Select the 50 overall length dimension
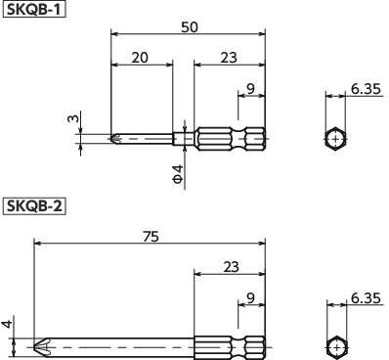(x=188, y=26)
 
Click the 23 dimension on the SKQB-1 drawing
(x=228, y=59)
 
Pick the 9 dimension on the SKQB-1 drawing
(x=251, y=89)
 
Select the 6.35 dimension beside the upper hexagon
(x=366, y=89)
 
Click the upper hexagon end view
(x=335, y=139)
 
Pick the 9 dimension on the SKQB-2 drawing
(x=251, y=298)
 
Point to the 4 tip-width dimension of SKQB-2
(x=6, y=325)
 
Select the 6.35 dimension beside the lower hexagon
(x=366, y=298)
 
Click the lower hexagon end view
(x=335, y=346)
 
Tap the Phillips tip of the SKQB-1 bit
(x=117, y=139)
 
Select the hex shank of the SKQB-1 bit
(x=230, y=139)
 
